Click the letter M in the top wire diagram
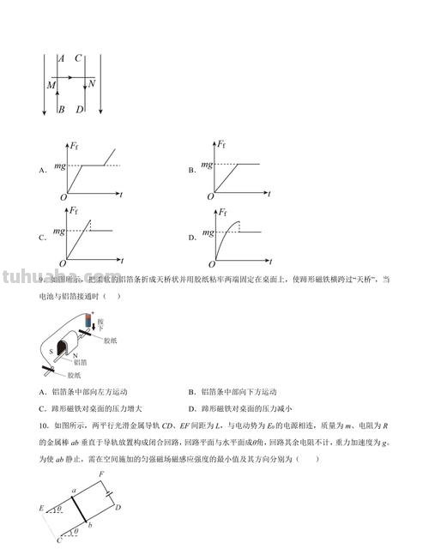click(51, 87)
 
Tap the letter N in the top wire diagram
click(91, 84)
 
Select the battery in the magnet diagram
click(88, 325)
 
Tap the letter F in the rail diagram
click(101, 474)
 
